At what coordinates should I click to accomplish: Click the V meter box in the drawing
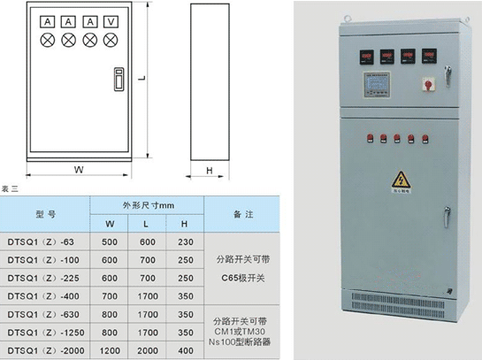point(111,22)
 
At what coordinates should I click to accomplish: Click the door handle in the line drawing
point(119,80)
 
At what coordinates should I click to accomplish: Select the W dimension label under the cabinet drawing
point(79,170)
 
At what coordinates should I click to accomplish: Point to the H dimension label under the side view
point(210,171)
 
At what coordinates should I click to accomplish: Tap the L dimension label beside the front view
point(142,78)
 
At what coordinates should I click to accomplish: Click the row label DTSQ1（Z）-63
point(41,242)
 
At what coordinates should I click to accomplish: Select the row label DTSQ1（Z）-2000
point(46,350)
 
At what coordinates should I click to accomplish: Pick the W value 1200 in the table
point(110,350)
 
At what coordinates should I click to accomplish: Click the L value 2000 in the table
point(148,350)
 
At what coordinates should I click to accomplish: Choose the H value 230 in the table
point(186,242)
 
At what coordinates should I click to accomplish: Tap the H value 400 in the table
point(186,350)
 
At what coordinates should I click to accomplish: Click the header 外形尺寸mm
point(149,205)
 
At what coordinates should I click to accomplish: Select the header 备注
point(243,214)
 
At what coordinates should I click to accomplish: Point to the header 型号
point(45,214)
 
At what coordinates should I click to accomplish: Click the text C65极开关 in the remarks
point(243,278)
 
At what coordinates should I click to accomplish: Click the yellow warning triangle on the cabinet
point(402,180)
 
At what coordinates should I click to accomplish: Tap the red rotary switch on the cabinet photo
point(428,84)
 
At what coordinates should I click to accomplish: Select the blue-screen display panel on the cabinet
point(377,85)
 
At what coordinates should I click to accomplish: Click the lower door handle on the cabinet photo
point(447,217)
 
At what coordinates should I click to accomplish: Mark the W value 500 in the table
point(110,242)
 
